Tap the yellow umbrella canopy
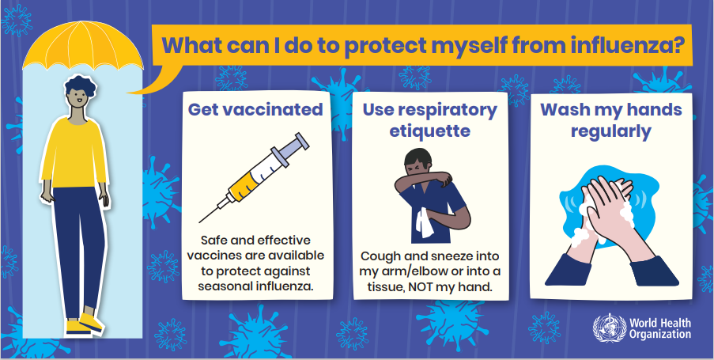pyautogui.click(x=82, y=47)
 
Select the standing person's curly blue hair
pyautogui.click(x=80, y=85)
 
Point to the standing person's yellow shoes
pyautogui.click(x=85, y=324)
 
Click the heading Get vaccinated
pyautogui.click(x=255, y=110)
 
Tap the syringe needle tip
pyautogui.click(x=200, y=222)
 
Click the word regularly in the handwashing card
pyautogui.click(x=611, y=131)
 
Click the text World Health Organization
pyautogui.click(x=660, y=328)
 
